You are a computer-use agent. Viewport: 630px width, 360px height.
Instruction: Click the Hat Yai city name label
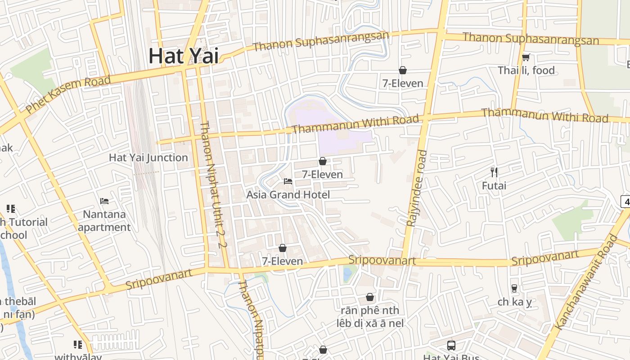click(x=184, y=56)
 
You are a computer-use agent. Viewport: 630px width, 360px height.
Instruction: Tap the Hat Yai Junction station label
click(x=148, y=157)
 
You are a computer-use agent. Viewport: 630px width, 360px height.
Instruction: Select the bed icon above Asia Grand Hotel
click(x=288, y=181)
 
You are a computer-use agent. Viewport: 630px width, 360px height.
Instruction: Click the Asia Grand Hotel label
click(x=288, y=194)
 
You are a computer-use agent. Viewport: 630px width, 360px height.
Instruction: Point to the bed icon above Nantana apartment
click(x=104, y=201)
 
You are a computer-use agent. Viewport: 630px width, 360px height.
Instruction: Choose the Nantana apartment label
click(x=104, y=221)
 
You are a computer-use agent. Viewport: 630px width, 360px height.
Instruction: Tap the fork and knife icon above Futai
click(x=494, y=172)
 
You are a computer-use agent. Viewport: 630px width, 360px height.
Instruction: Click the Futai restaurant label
click(x=494, y=185)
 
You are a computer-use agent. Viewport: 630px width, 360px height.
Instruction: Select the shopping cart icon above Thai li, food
click(x=526, y=57)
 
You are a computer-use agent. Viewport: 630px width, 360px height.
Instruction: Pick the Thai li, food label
click(x=526, y=70)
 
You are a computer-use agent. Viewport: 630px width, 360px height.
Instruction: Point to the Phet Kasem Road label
click(x=67, y=94)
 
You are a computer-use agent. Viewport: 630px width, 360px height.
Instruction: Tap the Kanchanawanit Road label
click(x=585, y=284)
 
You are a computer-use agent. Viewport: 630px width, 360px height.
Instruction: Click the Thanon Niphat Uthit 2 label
click(x=211, y=184)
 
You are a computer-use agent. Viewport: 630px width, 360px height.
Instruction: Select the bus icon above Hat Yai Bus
click(x=451, y=345)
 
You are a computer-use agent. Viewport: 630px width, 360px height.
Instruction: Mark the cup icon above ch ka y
click(x=514, y=288)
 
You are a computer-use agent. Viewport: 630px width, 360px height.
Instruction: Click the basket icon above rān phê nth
click(x=370, y=297)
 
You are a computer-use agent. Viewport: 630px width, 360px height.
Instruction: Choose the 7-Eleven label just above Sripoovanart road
click(x=283, y=261)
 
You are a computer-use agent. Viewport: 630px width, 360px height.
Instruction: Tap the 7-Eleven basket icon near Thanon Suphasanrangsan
click(x=403, y=70)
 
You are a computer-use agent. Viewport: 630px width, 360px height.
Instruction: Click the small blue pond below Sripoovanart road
click(x=348, y=274)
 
